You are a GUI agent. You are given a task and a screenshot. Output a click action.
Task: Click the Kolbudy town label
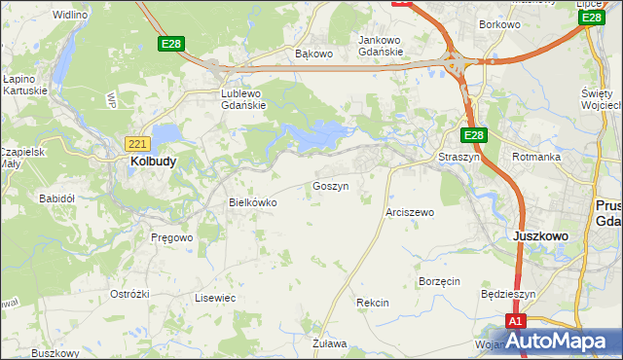tap(153, 162)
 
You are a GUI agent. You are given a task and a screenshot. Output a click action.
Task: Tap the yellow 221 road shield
tap(137, 144)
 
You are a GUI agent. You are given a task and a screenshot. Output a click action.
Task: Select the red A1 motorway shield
tap(516, 321)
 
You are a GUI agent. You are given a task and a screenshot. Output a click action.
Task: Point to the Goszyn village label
tap(330, 185)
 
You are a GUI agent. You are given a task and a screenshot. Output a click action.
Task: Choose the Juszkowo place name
tap(540, 235)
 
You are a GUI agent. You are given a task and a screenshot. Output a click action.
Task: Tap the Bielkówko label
tap(252, 202)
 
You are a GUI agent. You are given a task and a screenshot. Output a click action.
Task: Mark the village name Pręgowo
tap(172, 236)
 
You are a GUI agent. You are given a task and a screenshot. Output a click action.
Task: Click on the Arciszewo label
tap(410, 211)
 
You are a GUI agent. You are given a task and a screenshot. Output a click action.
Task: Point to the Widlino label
tap(70, 16)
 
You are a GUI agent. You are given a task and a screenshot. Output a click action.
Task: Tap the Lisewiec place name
tap(215, 298)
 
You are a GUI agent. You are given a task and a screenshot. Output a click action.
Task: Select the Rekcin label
tap(372, 303)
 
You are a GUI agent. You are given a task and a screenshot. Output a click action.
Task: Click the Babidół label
tap(56, 197)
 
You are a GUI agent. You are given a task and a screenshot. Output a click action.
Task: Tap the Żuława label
tap(330, 343)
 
